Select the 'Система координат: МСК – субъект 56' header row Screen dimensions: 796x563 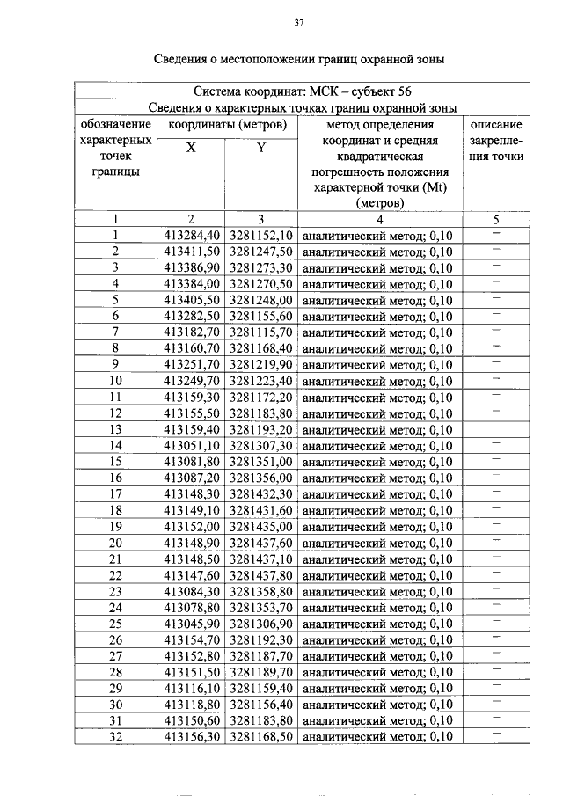coord(300,91)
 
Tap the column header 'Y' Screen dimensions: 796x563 coord(261,148)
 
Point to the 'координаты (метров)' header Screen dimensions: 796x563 coord(226,125)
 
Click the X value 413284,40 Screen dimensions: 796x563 coord(191,236)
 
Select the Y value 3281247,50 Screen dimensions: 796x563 coord(261,252)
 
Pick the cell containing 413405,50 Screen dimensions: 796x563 coord(191,300)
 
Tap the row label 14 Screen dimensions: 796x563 coord(114,446)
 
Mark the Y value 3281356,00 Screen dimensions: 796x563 coord(261,478)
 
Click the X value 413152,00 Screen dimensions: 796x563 coord(191,527)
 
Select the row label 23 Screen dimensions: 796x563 coord(114,592)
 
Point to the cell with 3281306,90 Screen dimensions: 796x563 coord(261,624)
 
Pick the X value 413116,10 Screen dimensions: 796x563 coord(191,689)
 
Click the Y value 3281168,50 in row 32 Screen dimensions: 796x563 coord(261,737)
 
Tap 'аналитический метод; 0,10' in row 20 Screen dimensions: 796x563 coord(377,544)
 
